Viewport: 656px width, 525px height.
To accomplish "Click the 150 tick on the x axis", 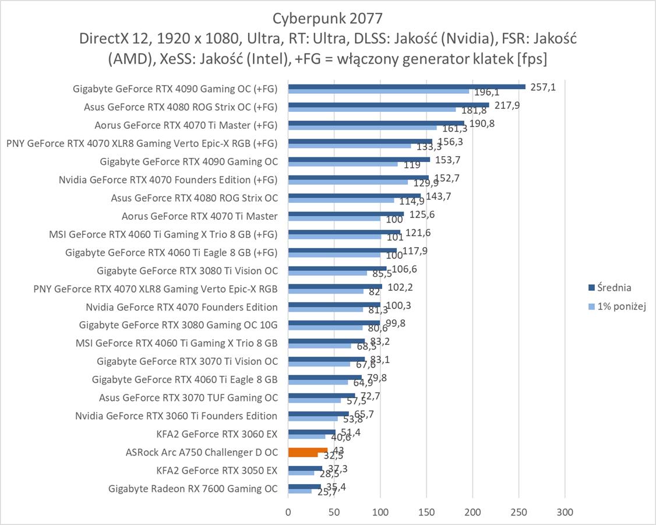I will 426,512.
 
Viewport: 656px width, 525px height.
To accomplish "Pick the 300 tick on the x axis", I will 565,512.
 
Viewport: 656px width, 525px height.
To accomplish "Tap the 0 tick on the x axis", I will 288,512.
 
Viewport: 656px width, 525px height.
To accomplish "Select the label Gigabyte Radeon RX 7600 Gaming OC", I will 193,488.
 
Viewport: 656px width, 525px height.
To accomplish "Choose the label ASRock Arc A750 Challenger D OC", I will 202,452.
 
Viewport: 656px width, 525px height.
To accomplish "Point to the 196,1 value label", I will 485,92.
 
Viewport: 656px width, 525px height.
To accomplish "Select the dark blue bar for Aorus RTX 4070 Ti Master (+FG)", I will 376,123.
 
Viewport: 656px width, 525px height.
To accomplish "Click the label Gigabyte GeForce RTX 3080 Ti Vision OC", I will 187,270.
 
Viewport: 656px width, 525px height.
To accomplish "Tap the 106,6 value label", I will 403,269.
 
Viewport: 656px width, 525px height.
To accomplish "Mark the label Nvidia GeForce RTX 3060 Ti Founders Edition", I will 176,415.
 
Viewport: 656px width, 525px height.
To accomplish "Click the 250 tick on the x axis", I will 519,512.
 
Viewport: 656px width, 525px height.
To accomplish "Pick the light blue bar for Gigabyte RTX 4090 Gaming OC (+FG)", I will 379,91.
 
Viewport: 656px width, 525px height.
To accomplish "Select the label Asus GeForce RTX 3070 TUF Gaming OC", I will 188,397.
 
